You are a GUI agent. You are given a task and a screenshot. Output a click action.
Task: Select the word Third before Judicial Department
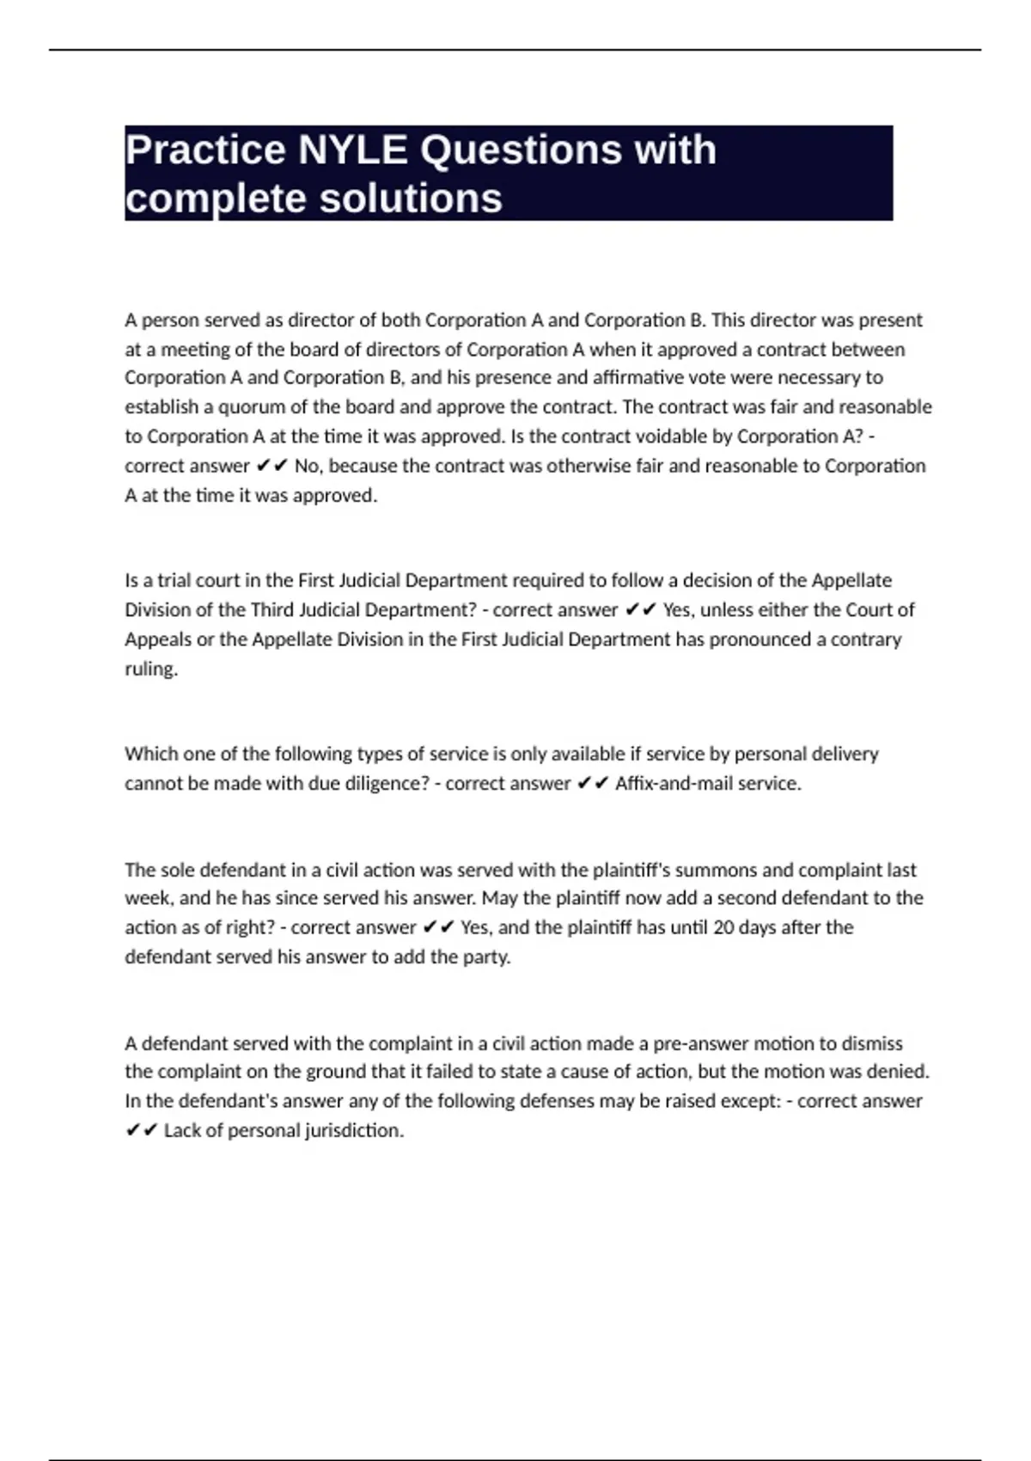pyautogui.click(x=273, y=610)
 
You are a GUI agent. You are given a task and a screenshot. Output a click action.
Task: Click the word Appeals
pyautogui.click(x=158, y=639)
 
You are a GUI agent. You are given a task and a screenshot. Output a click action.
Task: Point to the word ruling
pyautogui.click(x=151, y=669)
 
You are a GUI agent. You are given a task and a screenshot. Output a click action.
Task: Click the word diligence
pyautogui.click(x=387, y=784)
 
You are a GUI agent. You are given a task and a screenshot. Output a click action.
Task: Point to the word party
pyautogui.click(x=490, y=957)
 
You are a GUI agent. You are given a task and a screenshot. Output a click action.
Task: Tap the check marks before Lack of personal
pyautogui.click(x=142, y=1130)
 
